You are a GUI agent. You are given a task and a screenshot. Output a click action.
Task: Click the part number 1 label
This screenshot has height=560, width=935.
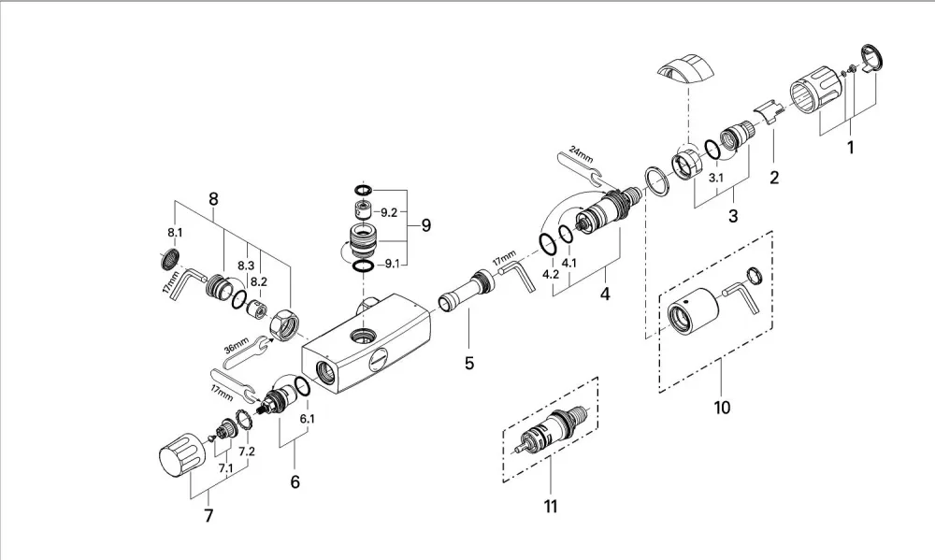(851, 147)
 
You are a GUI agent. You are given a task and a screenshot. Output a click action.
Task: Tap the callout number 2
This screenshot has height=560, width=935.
(774, 177)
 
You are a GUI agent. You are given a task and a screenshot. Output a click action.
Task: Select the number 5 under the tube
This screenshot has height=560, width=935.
(469, 363)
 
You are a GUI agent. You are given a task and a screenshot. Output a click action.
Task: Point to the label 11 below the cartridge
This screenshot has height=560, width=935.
(551, 507)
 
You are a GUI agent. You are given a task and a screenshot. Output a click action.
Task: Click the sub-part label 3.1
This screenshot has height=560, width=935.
(715, 178)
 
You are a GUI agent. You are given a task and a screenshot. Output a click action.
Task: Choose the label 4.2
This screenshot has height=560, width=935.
(551, 274)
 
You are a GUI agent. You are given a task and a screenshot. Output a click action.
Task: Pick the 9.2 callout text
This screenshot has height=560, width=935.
(389, 212)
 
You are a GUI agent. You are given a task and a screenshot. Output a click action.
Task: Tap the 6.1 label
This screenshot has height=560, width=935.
(307, 419)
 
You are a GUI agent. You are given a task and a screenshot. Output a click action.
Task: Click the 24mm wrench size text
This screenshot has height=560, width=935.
(581, 153)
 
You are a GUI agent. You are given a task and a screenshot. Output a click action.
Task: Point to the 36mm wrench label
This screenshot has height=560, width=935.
(237, 345)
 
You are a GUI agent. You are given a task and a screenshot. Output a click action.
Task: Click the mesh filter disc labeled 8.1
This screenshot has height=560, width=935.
(170, 259)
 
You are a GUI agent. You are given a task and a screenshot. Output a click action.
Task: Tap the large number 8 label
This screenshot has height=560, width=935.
(213, 199)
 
